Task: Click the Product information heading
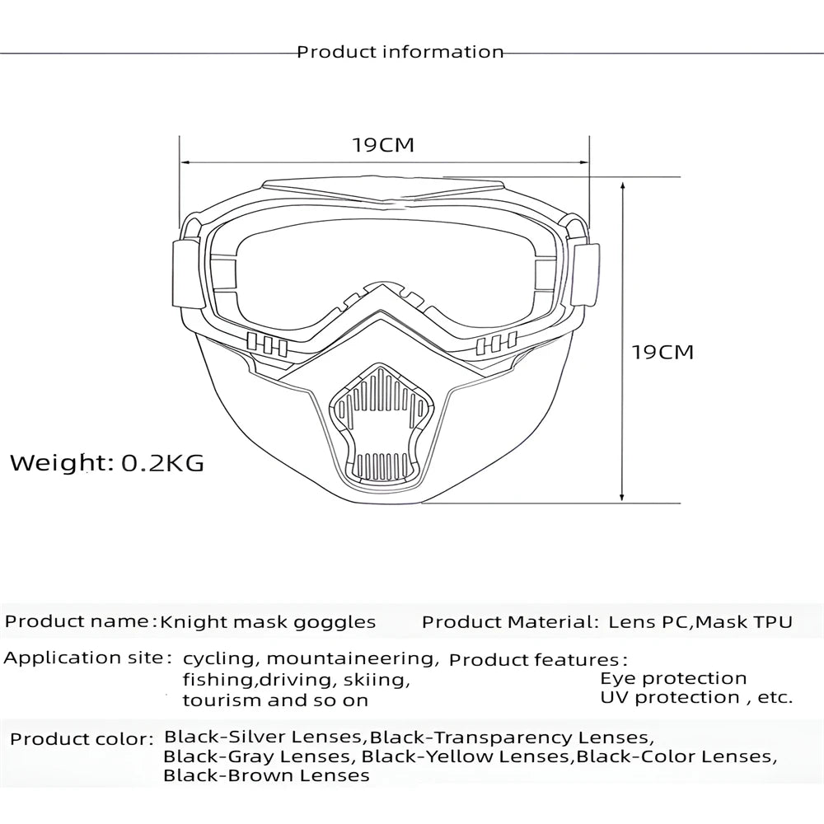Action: pos(400,52)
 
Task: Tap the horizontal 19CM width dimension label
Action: pos(383,145)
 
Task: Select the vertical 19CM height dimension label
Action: pos(662,352)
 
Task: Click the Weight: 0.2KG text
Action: pos(107,462)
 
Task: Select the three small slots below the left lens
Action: pos(266,344)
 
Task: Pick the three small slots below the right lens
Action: pos(496,344)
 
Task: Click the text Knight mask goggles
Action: pos(268,621)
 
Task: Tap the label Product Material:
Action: pos(510,621)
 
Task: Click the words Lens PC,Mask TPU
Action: pos(700,621)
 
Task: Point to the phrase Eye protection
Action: pos(673,678)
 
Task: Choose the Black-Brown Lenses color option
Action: pos(266,775)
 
